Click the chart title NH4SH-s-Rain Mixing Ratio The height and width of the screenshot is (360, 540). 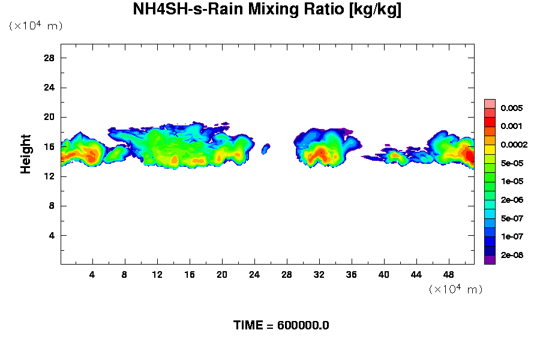(267, 10)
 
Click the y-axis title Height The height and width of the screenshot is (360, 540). (26, 154)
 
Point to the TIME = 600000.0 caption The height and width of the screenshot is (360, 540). (281, 326)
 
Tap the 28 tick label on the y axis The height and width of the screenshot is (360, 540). (49, 58)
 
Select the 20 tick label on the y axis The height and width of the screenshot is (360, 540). (49, 117)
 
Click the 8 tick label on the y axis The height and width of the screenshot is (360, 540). (52, 206)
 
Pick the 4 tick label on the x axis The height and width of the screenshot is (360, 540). (92, 274)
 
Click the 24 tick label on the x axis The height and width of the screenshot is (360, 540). (254, 274)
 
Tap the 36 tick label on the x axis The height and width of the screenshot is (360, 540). (352, 274)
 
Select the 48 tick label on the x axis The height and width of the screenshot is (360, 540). (449, 274)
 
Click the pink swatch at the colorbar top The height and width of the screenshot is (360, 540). (490, 103)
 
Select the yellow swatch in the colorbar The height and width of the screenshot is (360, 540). (490, 149)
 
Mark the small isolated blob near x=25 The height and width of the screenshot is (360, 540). (266, 148)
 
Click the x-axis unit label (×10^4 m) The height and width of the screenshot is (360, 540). (455, 289)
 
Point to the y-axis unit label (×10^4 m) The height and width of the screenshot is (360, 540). (35, 26)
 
